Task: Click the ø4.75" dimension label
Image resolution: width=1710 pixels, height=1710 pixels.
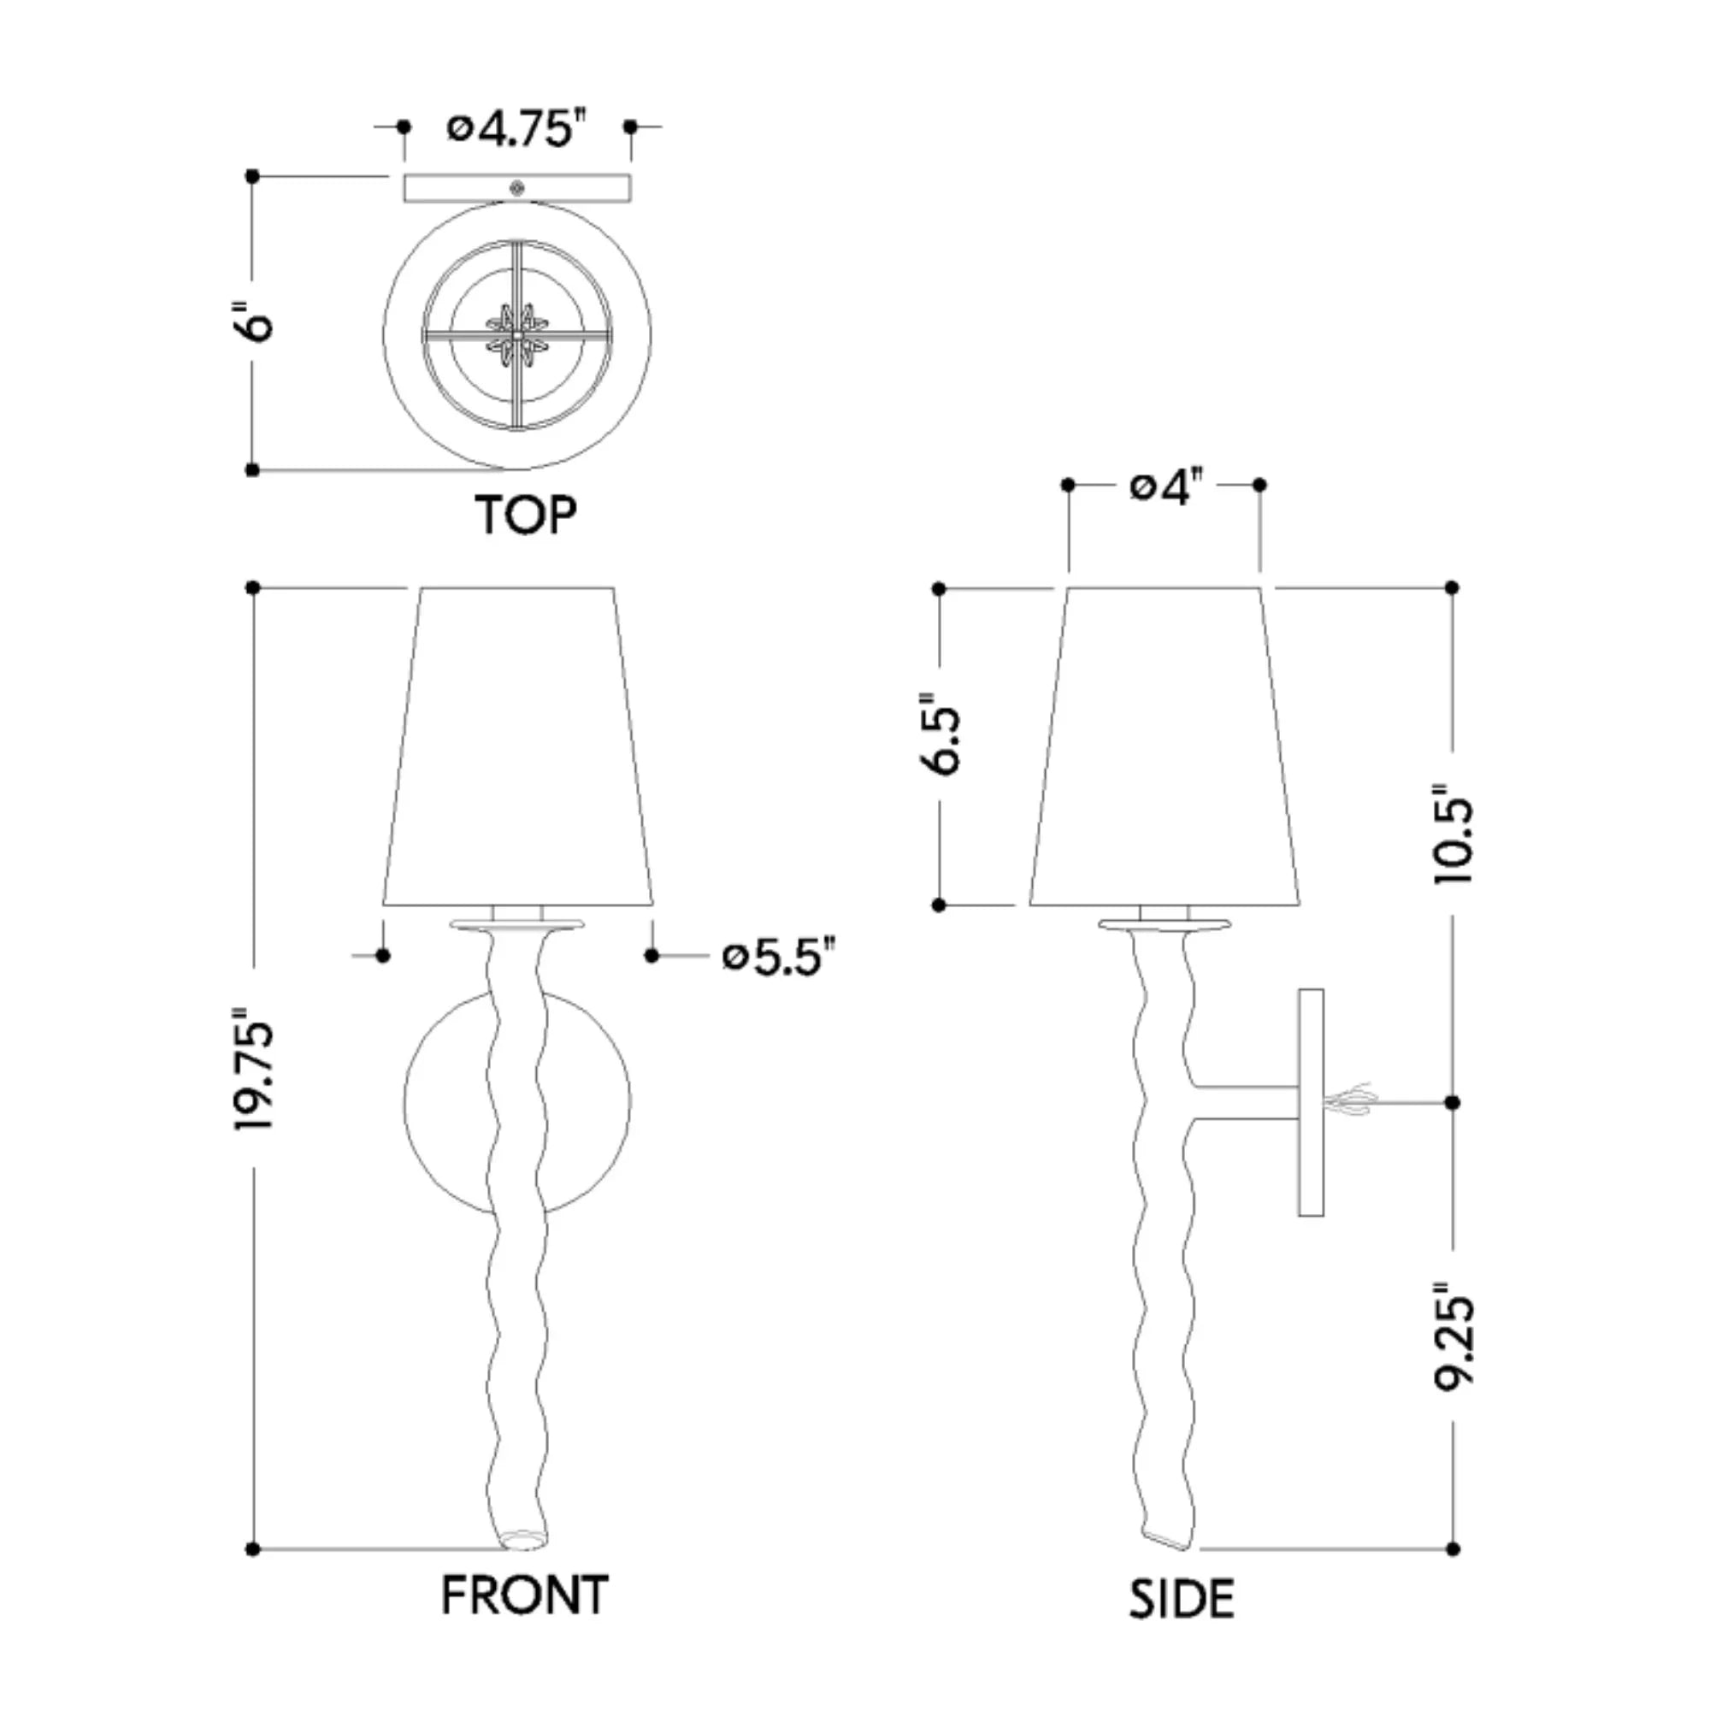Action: (x=516, y=129)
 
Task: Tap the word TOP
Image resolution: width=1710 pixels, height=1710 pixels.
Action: (x=525, y=514)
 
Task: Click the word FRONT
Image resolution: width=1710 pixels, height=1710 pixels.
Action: (x=524, y=1595)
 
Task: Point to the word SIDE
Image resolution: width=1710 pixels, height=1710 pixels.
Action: (x=1181, y=1600)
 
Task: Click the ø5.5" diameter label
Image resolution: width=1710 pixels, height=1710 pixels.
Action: (x=778, y=957)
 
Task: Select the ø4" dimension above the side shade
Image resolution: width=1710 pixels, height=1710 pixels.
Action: (x=1166, y=486)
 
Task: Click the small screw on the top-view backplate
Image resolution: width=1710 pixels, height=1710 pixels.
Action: (x=518, y=187)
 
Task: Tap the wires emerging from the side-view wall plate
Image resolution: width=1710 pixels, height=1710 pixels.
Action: (x=1350, y=1101)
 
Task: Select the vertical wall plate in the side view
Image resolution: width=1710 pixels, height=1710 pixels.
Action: (x=1310, y=1101)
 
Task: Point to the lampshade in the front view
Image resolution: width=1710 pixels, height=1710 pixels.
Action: (x=518, y=748)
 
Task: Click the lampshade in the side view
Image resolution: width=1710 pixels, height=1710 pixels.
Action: (x=1164, y=748)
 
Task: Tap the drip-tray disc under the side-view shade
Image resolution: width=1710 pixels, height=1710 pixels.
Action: (x=1164, y=925)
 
